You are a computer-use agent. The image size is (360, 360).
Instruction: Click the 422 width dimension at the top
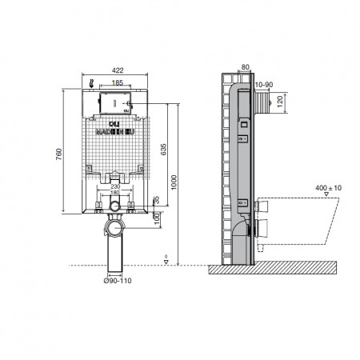(117, 70)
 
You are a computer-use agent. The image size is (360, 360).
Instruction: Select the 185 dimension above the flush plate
(117, 82)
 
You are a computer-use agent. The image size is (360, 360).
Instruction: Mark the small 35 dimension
(157, 200)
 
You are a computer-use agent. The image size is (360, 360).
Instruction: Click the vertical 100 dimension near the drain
(157, 218)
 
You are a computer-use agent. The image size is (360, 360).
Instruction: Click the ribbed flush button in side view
(261, 104)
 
